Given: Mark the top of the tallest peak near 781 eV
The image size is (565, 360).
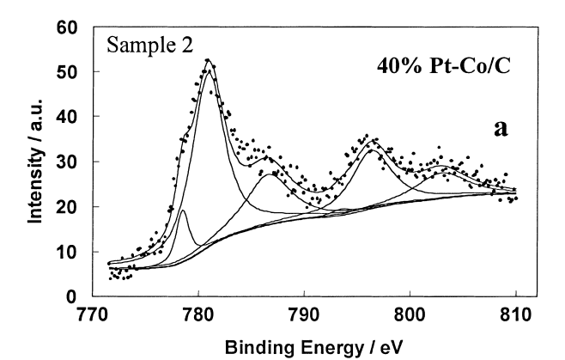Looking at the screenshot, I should point(208,60).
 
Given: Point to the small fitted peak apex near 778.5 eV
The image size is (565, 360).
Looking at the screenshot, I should point(183,210).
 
